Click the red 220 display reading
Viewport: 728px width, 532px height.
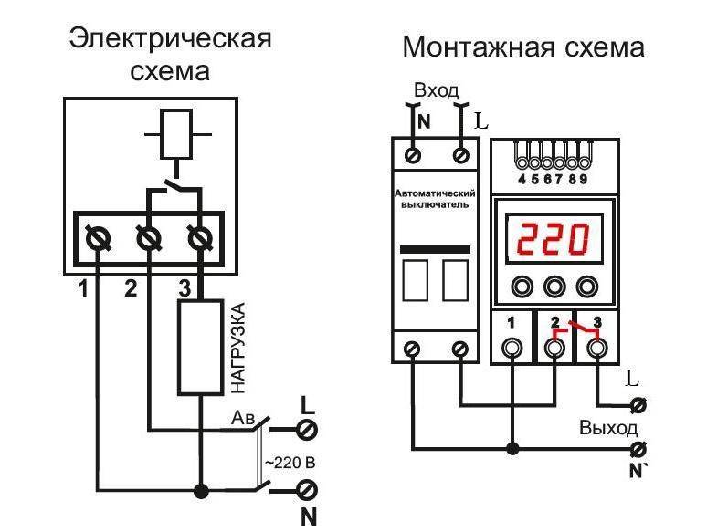pyautogui.click(x=553, y=239)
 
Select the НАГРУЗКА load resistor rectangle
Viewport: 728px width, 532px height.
pyautogui.click(x=201, y=348)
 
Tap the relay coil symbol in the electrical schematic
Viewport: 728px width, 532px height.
pyautogui.click(x=176, y=134)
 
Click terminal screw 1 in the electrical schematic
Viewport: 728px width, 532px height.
pyautogui.click(x=98, y=240)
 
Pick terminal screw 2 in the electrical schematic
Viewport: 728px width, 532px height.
pyautogui.click(x=149, y=240)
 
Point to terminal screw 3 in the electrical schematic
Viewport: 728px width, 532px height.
pyautogui.click(x=201, y=240)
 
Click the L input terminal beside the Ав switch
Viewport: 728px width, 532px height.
pyautogui.click(x=306, y=429)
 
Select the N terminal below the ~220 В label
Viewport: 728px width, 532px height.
pyautogui.click(x=306, y=489)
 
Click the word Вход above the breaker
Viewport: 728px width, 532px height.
pyautogui.click(x=436, y=90)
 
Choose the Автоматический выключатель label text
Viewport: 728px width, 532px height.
pyautogui.click(x=435, y=199)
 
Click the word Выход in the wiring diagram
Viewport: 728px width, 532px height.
pyautogui.click(x=608, y=428)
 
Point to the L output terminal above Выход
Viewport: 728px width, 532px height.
pyautogui.click(x=639, y=405)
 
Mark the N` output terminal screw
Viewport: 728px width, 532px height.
pyautogui.click(x=639, y=449)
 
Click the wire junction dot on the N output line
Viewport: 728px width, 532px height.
pyautogui.click(x=512, y=449)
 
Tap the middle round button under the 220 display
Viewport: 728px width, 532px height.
pyautogui.click(x=554, y=287)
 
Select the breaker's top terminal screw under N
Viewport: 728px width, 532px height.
pyautogui.click(x=412, y=154)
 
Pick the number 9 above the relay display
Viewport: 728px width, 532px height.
pyautogui.click(x=583, y=179)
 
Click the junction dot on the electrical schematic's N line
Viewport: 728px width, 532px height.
pyautogui.click(x=201, y=491)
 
